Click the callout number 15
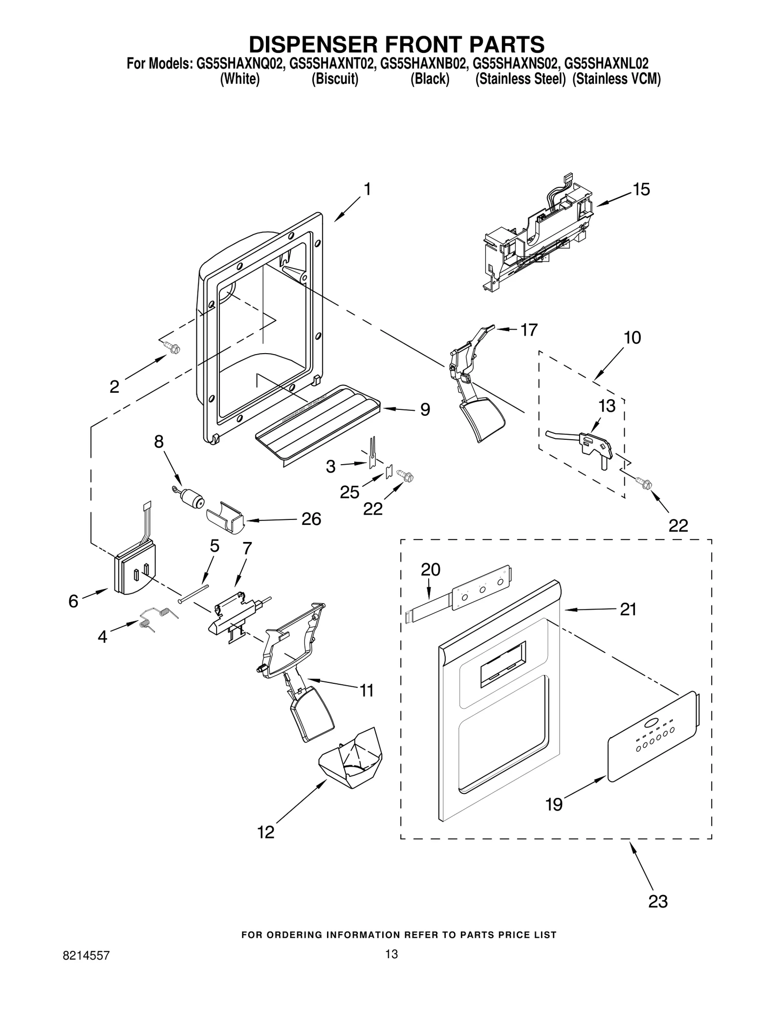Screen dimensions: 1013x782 point(641,190)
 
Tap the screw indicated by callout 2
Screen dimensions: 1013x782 point(173,348)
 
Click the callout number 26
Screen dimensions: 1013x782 point(311,519)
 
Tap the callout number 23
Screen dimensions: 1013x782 point(657,901)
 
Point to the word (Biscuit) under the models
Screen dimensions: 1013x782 point(335,79)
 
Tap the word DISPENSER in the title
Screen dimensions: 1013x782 point(313,45)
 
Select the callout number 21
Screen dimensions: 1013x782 point(628,609)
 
